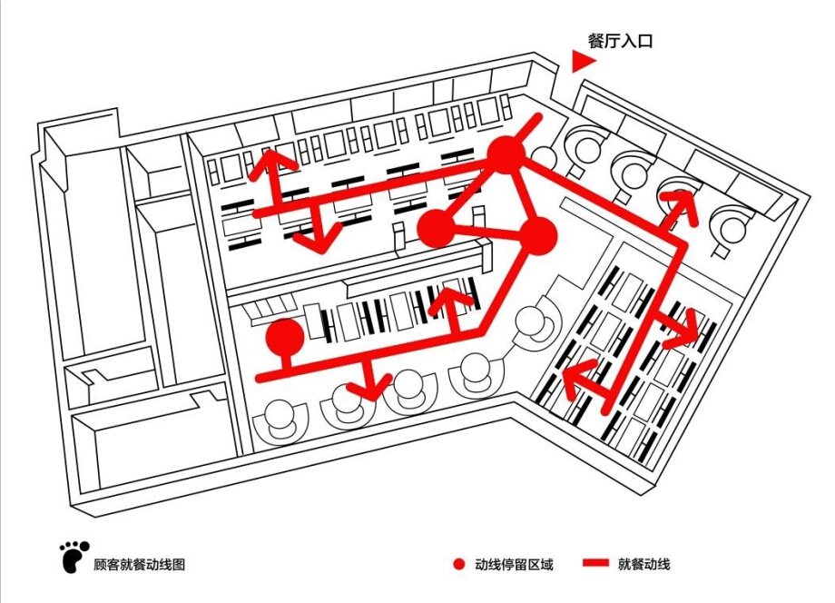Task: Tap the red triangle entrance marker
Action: tap(582, 62)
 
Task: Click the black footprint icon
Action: tap(74, 557)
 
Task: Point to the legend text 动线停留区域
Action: tap(514, 565)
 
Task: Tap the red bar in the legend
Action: tap(595, 565)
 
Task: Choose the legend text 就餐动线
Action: tap(643, 565)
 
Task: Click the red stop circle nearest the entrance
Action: tap(506, 155)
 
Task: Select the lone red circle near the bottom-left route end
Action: tap(285, 338)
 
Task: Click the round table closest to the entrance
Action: tap(582, 143)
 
